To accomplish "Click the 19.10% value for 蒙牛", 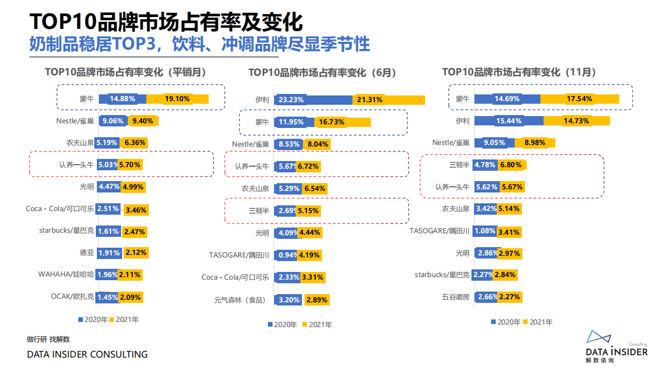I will (177, 99).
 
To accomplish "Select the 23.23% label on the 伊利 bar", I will (291, 100).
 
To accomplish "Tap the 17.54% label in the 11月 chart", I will (579, 99).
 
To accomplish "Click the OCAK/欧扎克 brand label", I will (72, 297).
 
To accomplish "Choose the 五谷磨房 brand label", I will (455, 297).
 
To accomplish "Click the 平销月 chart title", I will (126, 73).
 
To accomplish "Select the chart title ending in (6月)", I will (323, 73).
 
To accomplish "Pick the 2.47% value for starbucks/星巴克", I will (134, 231).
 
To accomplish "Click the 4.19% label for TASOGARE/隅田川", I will (309, 255).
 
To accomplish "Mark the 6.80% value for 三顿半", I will (511, 165).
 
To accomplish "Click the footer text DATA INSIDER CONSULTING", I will (87, 354).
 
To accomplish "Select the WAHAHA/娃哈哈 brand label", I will (66, 275).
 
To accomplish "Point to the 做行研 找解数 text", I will (48, 339).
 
